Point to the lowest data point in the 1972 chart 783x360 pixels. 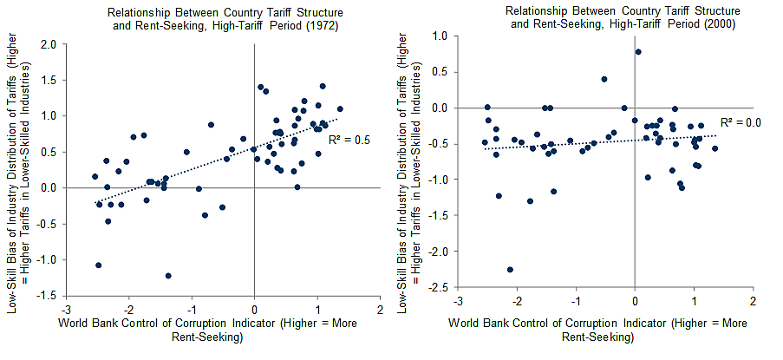pyautogui.click(x=168, y=276)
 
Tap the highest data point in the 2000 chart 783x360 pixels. pyautogui.click(x=638, y=52)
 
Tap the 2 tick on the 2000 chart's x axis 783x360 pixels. pyautogui.click(x=753, y=301)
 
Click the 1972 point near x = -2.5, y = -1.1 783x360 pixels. pyautogui.click(x=99, y=265)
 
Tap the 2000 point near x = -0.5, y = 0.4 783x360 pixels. pyautogui.click(x=604, y=79)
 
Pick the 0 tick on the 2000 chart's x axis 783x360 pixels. pyautogui.click(x=636, y=301)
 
